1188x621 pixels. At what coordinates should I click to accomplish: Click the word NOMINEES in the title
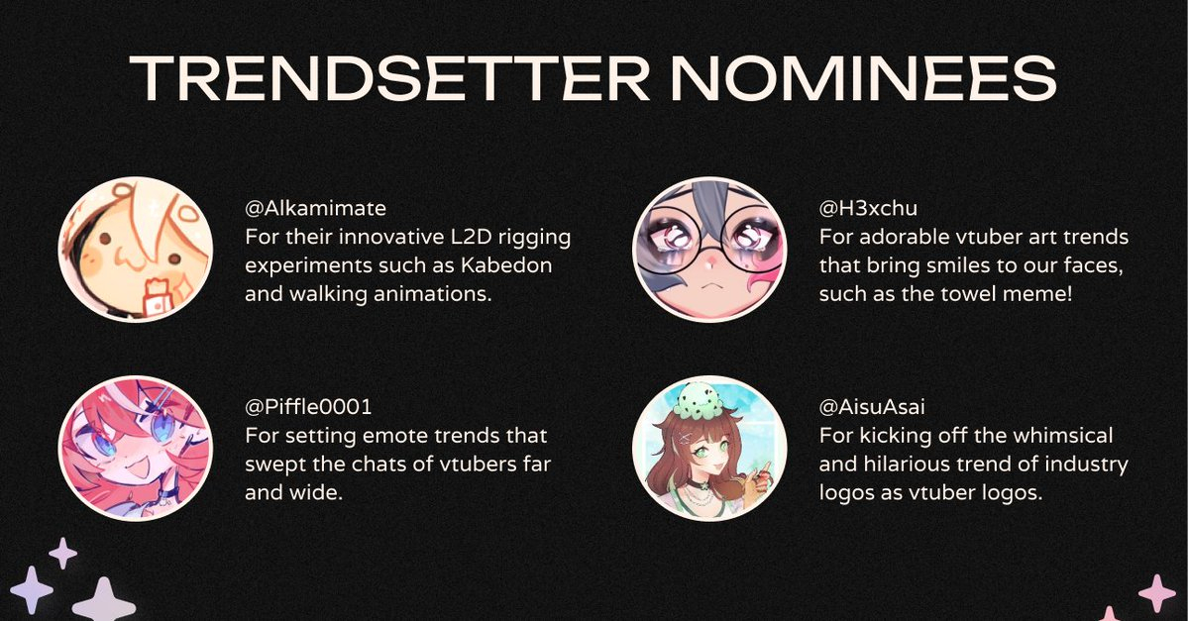[x=863, y=77]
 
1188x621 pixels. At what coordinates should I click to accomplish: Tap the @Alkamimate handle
[x=315, y=208]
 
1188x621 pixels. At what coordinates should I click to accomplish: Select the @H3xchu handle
[x=868, y=208]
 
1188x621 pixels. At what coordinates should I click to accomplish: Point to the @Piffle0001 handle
[x=308, y=407]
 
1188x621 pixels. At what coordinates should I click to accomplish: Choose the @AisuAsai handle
[x=872, y=407]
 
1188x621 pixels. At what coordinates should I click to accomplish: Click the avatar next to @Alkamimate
[x=136, y=250]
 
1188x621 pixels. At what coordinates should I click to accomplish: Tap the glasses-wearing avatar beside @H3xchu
[x=709, y=250]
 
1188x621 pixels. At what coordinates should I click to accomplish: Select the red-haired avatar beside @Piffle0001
[x=136, y=449]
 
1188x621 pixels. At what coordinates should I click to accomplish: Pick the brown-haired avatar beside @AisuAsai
[x=709, y=449]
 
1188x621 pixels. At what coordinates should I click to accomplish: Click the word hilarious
[x=918, y=465]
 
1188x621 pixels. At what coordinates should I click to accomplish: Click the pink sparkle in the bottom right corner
[x=1157, y=592]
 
